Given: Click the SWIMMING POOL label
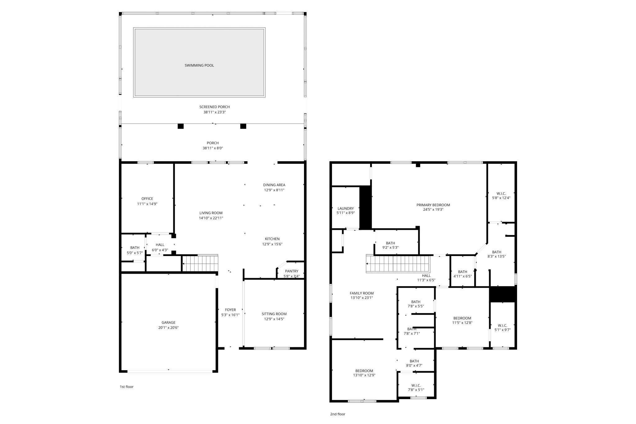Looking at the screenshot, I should [199, 65].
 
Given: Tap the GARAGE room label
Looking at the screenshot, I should [168, 322].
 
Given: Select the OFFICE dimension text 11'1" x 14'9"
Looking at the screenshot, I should [147, 204].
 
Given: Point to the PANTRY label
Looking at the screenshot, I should [291, 271].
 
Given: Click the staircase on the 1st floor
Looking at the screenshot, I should [200, 263].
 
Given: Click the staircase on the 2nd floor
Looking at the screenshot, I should [397, 264].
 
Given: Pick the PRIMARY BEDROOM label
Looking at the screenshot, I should [433, 205].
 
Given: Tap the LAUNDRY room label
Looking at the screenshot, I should [345, 208].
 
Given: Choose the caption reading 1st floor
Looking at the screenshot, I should [126, 387].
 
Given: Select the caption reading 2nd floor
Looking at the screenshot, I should [337, 414].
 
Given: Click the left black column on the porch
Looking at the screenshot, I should [180, 126].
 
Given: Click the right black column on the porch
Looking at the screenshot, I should [243, 126].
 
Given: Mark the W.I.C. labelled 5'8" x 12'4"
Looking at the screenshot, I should [501, 195].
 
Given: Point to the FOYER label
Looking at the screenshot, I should [230, 310].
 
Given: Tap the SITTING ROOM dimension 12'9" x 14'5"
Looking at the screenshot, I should [274, 319].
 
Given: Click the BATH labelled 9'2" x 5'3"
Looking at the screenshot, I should [390, 245].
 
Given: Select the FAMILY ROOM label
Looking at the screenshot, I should [361, 293].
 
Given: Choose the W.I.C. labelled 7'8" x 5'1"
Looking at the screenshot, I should [416, 387].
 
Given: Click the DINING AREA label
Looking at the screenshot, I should [274, 185].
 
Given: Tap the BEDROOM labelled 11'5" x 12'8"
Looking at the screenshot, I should [462, 320].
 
